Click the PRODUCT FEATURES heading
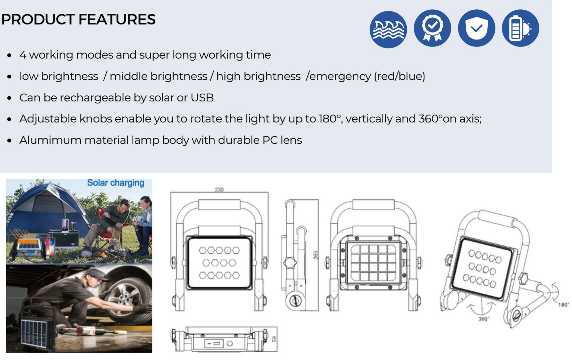78,19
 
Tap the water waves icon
388,29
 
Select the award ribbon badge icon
432,28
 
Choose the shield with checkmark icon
476,28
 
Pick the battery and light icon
520,28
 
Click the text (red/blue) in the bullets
400,76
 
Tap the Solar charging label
116,183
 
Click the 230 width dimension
219,190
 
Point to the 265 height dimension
316,255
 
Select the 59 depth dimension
274,339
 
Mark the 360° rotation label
484,319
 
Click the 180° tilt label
564,304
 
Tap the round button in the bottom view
229,344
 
